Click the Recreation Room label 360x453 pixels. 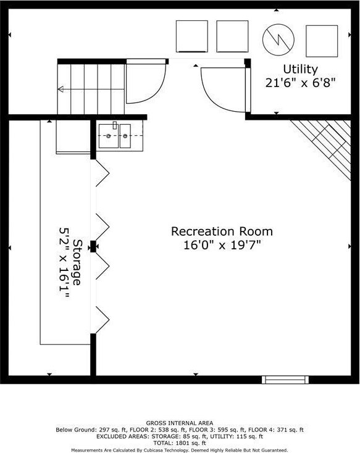222,231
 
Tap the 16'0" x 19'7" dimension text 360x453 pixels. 222,245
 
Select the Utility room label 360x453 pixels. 300,69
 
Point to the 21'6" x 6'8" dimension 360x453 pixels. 300,83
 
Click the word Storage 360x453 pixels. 77,262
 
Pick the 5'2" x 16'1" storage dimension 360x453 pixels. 64,263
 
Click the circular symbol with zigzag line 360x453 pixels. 278,39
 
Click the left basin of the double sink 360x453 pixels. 109,136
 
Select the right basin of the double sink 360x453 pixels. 125,136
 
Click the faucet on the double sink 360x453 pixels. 115,125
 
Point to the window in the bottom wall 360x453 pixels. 285,380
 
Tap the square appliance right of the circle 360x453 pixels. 322,41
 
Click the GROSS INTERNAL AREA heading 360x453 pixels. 180,423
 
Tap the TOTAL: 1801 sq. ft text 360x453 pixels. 180,443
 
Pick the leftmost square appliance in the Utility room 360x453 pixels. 191,36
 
